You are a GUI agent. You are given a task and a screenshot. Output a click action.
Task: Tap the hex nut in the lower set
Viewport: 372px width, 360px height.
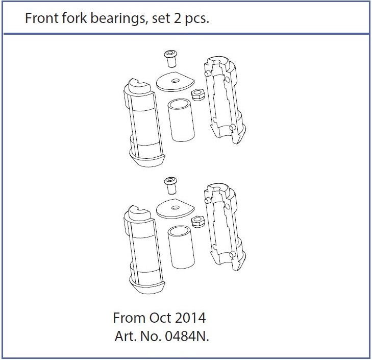pyautogui.click(x=197, y=220)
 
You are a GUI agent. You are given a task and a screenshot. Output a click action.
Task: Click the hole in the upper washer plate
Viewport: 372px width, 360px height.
pyautogui.click(x=176, y=80)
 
